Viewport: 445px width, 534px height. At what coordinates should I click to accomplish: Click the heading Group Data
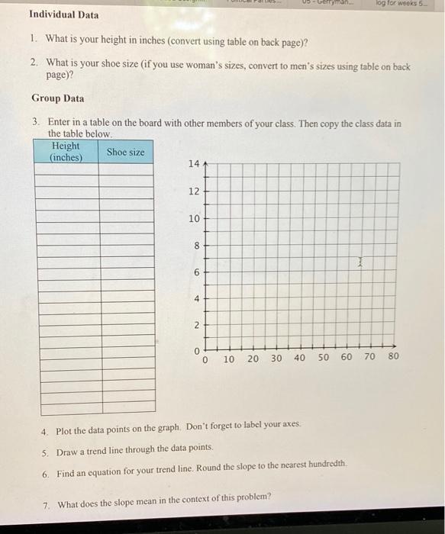[x=58, y=98]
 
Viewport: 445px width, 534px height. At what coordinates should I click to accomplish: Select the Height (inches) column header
[x=65, y=151]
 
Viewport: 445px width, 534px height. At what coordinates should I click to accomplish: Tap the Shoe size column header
[x=125, y=152]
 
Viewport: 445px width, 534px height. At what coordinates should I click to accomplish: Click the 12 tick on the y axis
[x=193, y=191]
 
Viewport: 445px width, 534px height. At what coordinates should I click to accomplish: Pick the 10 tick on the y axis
[x=193, y=218]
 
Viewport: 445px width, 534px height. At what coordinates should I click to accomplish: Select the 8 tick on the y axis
[x=195, y=246]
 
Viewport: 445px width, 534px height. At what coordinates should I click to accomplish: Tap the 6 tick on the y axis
[x=195, y=272]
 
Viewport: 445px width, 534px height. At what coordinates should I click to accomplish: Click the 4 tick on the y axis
[x=195, y=300]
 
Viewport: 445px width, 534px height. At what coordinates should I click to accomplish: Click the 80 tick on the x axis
[x=393, y=356]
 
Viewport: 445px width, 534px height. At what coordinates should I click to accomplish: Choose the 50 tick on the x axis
[x=323, y=357]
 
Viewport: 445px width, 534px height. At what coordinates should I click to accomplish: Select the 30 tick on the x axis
[x=276, y=357]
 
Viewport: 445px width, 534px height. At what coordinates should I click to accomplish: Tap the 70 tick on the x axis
[x=370, y=356]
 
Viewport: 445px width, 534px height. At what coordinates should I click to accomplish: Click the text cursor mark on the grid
[x=362, y=262]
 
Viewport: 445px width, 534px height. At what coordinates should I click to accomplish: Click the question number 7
[x=46, y=503]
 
